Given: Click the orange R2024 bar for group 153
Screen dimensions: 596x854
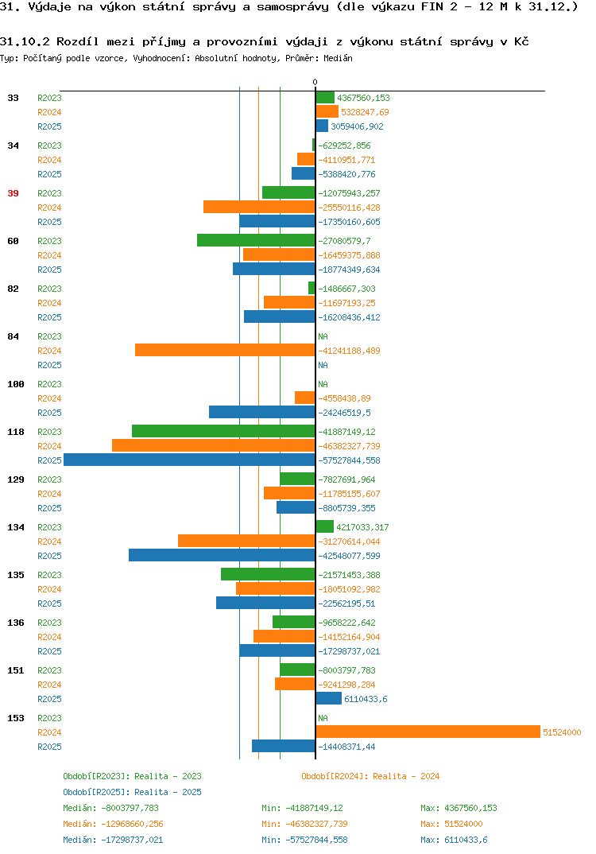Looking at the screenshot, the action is pyautogui.click(x=428, y=732).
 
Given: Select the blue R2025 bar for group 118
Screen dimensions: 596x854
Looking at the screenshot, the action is pyautogui.click(x=189, y=460).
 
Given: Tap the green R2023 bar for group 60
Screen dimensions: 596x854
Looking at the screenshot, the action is pyautogui.click(x=257, y=240).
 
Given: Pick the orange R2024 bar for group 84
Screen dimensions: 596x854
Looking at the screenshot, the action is pyautogui.click(x=226, y=350).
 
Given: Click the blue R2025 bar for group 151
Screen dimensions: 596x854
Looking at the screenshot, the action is pyautogui.click(x=329, y=698).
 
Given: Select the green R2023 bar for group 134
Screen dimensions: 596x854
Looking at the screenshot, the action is pyautogui.click(x=324, y=526).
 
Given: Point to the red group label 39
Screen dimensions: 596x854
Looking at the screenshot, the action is pyautogui.click(x=13, y=193).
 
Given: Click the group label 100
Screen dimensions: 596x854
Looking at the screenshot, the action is pyautogui.click(x=16, y=384).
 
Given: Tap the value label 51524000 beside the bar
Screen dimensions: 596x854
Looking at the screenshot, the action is pyautogui.click(x=562, y=732).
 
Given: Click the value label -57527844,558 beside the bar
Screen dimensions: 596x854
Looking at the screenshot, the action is pyautogui.click(x=349, y=460).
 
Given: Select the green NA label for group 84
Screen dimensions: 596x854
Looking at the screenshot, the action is pyautogui.click(x=323, y=336).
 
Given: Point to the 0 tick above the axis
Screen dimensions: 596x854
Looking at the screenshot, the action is pyautogui.click(x=315, y=82).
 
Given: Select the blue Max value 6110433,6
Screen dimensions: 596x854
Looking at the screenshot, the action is pyautogui.click(x=466, y=840).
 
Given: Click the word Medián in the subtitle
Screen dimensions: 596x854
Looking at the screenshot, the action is pyautogui.click(x=338, y=58).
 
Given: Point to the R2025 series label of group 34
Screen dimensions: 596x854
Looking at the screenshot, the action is pyautogui.click(x=49, y=174).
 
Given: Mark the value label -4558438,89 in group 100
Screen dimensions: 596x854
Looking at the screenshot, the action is pyautogui.click(x=345, y=398).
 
